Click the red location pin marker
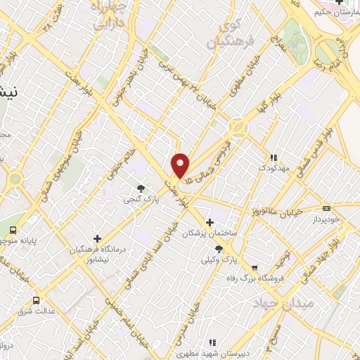tap(181, 165)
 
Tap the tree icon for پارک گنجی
tap(141, 188)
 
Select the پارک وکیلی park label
tap(219, 259)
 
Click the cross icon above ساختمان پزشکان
tap(210, 222)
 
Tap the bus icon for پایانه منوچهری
tap(13, 230)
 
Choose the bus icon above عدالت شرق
tap(36, 300)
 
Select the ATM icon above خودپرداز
tap(326, 208)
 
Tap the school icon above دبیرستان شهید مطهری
tap(211, 343)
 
